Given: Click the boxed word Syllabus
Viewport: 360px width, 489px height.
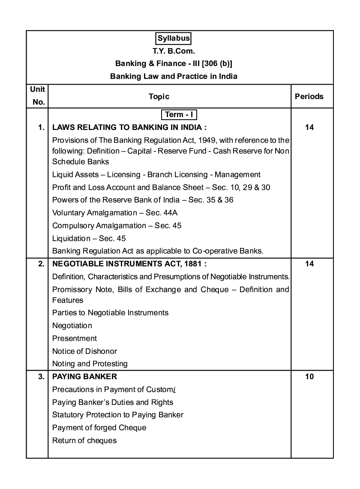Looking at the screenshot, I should click(x=174, y=38).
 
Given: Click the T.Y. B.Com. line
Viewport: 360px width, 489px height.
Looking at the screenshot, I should click(x=174, y=51).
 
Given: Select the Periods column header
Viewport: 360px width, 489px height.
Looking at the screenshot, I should click(x=309, y=97).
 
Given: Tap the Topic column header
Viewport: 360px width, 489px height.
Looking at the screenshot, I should click(x=159, y=97).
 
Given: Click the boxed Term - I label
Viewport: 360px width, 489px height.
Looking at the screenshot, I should click(x=179, y=115).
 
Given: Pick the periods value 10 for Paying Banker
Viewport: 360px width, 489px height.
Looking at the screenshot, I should click(x=309, y=377).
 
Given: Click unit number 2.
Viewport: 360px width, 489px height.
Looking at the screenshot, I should click(x=41, y=264).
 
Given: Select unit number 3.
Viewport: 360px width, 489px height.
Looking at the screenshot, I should click(x=41, y=377).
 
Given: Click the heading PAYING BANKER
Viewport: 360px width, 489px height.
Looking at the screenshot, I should click(x=84, y=377).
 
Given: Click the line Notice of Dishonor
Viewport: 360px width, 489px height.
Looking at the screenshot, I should click(x=84, y=351).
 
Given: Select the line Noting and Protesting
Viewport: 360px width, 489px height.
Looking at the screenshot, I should click(x=90, y=364).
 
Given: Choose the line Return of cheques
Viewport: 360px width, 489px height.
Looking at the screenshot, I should click(x=84, y=441).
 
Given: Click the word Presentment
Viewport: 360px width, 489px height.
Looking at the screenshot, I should click(x=75, y=338).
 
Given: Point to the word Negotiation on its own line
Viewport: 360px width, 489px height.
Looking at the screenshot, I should click(x=72, y=326).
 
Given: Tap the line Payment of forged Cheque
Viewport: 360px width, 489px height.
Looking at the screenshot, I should click(x=99, y=428).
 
